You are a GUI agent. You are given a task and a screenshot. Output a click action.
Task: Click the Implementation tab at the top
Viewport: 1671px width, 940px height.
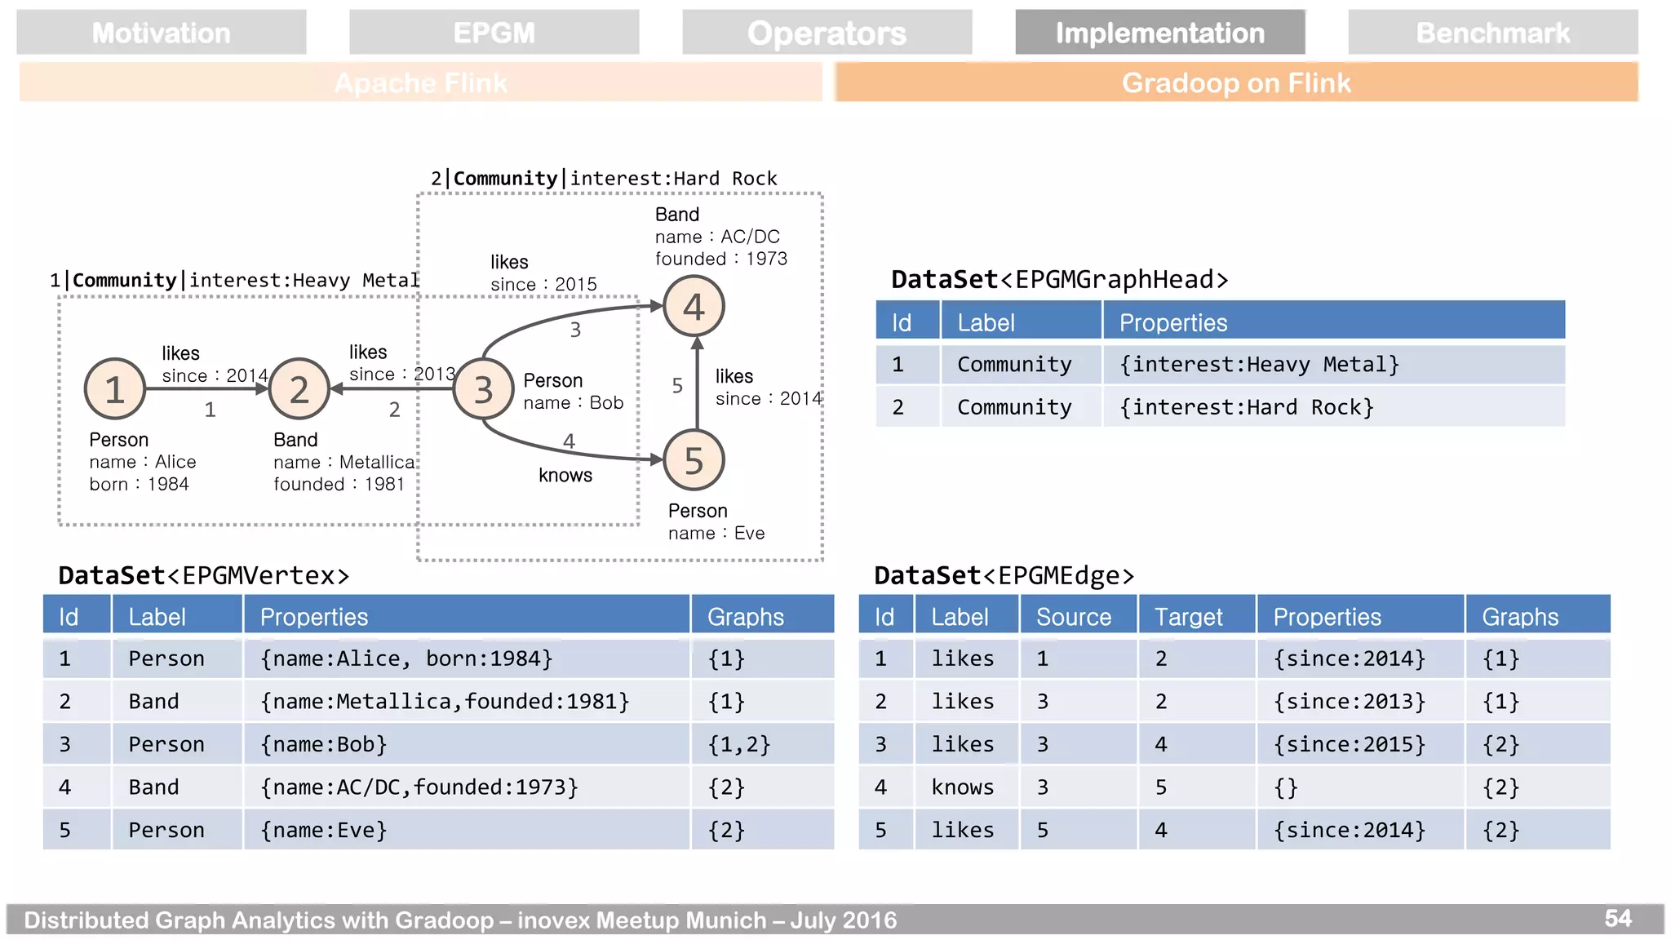coord(1159,33)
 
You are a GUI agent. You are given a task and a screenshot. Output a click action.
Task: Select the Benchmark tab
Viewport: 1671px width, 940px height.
coord(1492,33)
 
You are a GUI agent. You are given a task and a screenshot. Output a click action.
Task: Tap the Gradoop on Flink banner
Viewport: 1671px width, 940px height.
coord(1236,82)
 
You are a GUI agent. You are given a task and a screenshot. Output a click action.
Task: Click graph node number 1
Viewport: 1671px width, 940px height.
coord(115,389)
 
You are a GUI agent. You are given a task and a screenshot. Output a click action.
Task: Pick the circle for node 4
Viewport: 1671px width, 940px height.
coord(694,307)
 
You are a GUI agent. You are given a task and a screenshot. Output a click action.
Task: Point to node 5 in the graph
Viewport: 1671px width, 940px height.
coord(694,460)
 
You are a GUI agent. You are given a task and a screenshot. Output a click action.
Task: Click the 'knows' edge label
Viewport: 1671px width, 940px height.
coord(565,475)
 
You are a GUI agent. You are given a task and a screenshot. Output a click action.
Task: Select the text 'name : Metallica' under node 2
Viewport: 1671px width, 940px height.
coord(344,462)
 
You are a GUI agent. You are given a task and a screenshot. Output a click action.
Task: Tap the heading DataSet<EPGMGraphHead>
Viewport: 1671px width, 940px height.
coord(1059,279)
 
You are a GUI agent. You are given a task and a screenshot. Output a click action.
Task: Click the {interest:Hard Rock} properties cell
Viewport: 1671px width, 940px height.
coord(1247,407)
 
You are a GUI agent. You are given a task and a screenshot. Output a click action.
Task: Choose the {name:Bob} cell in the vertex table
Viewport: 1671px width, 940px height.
coord(324,744)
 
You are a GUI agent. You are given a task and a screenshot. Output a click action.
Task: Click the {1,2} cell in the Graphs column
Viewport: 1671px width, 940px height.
coord(738,744)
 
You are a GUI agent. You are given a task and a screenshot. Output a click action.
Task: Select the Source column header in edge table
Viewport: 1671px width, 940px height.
coord(1074,617)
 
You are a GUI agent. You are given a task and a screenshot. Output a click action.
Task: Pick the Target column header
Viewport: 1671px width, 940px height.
coord(1188,617)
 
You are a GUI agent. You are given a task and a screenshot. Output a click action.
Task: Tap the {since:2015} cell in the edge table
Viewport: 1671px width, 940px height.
coord(1350,744)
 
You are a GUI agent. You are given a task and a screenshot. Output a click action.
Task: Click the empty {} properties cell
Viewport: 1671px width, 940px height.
coord(1286,787)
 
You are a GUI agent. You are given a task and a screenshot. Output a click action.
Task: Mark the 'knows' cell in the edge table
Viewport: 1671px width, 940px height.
coord(963,787)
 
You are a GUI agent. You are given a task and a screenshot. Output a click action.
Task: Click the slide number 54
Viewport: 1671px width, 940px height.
coord(1617,919)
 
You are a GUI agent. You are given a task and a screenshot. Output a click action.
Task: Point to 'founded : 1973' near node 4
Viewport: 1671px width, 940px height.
coord(721,259)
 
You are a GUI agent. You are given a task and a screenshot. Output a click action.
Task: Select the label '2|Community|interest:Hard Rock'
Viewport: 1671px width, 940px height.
coord(604,178)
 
